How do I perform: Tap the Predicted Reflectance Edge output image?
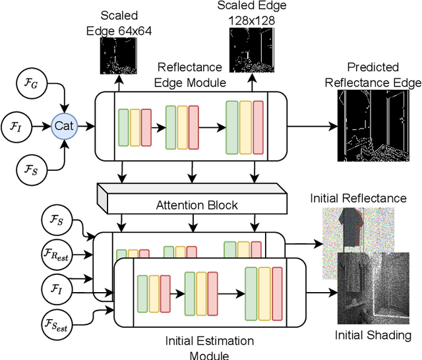(373, 125)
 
